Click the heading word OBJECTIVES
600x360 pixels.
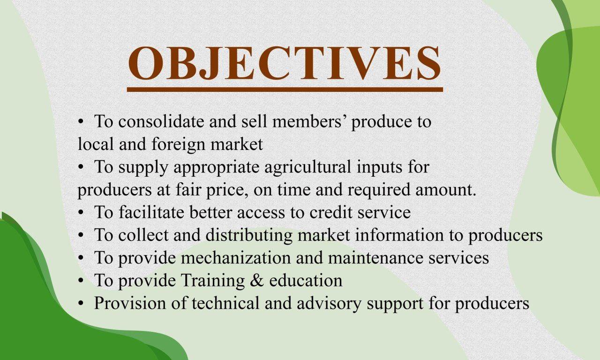pos(285,63)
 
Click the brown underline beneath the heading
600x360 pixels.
pos(285,90)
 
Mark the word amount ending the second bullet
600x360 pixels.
pos(446,189)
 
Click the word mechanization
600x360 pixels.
pos(236,257)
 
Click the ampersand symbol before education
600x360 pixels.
pos(257,280)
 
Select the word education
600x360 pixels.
pos(306,280)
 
